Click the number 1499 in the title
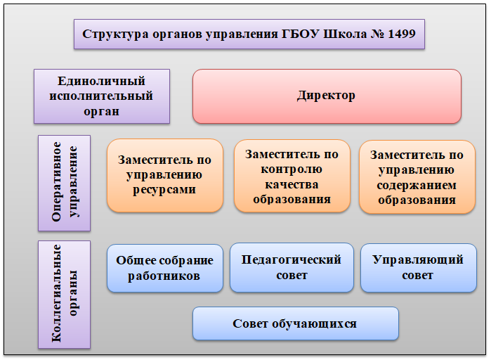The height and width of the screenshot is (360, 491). click(x=402, y=34)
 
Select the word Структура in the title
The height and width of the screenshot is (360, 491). click(x=115, y=34)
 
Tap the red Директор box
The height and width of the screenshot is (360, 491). click(x=327, y=96)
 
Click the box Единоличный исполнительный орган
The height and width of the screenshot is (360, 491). click(x=102, y=96)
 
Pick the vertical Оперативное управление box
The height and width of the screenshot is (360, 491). click(x=64, y=184)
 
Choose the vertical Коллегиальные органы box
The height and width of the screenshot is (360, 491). click(x=64, y=295)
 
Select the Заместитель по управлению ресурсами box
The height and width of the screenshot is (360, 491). click(x=165, y=176)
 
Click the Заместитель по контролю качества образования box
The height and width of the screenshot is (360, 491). click(x=292, y=176)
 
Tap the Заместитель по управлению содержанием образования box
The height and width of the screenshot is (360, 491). click(x=417, y=177)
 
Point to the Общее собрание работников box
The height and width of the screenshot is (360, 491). click(x=165, y=268)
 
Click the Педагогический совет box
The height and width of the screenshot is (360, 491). click(x=292, y=268)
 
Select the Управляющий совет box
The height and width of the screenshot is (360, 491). click(x=419, y=268)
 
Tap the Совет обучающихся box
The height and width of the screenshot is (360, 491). click(x=296, y=323)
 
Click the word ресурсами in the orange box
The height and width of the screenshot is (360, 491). click(x=164, y=190)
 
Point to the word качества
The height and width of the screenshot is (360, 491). click(x=292, y=184)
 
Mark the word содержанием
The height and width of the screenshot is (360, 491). click(x=417, y=186)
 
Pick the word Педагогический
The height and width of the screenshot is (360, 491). click(x=292, y=259)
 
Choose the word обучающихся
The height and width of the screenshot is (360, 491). click(x=314, y=324)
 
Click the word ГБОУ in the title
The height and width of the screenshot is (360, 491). click(x=300, y=34)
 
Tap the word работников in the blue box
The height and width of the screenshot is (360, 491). click(x=164, y=276)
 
